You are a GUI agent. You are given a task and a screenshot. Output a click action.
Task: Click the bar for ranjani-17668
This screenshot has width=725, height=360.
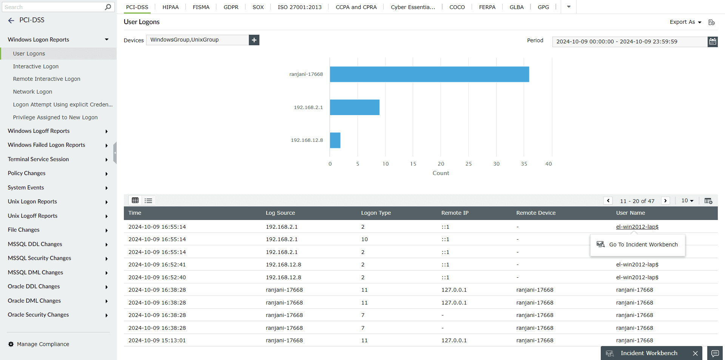pos(429,74)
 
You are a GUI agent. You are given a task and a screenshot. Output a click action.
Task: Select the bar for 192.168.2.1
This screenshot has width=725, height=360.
pos(355,107)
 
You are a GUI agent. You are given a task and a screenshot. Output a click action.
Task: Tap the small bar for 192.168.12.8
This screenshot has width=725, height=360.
pos(335,140)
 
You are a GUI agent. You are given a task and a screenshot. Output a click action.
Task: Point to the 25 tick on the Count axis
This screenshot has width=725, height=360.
pos(468,164)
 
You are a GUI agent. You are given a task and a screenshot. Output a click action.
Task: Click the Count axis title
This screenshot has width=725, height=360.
pos(441,173)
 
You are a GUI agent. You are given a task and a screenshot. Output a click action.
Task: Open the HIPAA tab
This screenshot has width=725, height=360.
pos(170,7)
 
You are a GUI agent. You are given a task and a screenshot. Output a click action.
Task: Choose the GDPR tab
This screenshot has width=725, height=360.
pos(231,7)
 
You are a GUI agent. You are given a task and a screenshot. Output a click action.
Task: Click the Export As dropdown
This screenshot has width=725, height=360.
pos(685,22)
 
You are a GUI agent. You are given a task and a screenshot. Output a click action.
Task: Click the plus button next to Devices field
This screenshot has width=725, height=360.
pos(254,40)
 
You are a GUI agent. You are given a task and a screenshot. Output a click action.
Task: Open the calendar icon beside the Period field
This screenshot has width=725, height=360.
pos(713,42)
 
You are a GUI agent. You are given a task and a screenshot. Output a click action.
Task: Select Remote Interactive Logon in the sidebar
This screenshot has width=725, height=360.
pos(46,79)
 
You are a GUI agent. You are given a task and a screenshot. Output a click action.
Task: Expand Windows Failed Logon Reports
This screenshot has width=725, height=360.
pos(46,145)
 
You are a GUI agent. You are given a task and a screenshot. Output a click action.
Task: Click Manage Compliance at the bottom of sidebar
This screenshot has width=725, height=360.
pos(43,344)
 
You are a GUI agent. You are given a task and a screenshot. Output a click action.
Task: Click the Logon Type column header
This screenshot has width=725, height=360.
pos(376,213)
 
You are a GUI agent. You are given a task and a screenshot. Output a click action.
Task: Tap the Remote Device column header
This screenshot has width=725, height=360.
pos(536,213)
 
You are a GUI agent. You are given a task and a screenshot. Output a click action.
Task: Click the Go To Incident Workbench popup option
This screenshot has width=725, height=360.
pos(643,245)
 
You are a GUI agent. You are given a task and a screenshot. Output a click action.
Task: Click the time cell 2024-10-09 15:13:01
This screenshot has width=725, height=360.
pos(157,340)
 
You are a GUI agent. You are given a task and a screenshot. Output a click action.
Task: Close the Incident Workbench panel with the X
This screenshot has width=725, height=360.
pos(695,353)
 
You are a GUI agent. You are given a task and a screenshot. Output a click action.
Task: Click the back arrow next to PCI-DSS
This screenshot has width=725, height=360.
pos(11,20)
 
